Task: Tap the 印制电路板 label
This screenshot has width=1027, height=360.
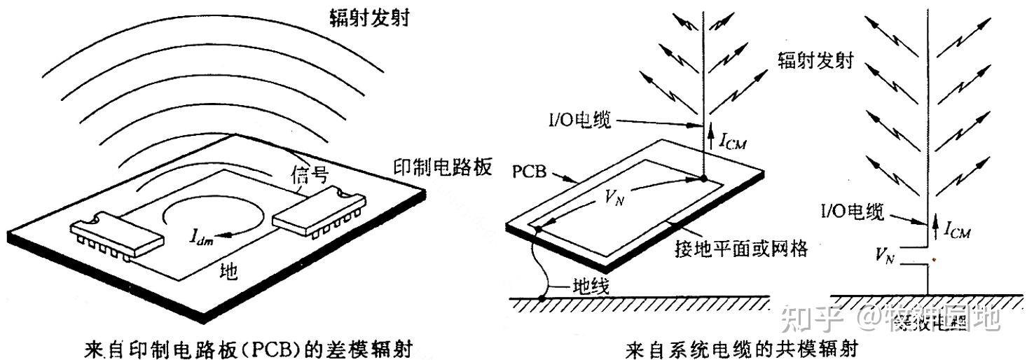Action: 443,168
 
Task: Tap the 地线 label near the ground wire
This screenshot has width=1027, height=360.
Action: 583,286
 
